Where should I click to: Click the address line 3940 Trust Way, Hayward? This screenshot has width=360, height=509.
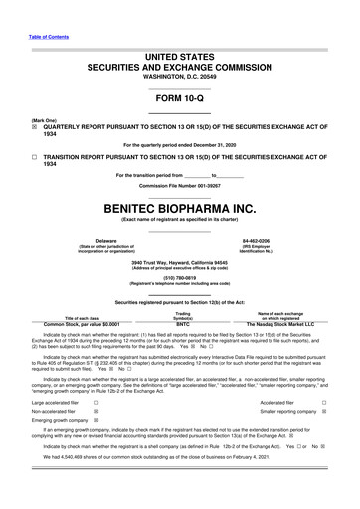179,262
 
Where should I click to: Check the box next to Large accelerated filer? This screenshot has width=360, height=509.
96,401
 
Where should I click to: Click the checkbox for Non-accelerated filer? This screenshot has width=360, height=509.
96,410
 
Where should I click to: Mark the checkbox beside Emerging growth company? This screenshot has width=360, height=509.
96,420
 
